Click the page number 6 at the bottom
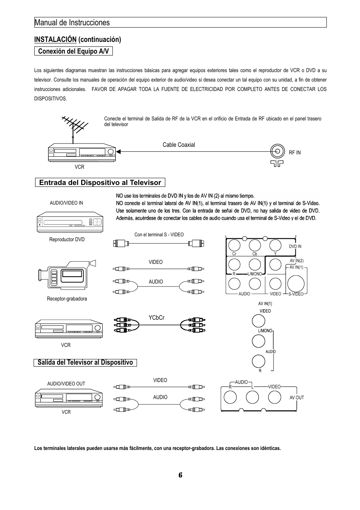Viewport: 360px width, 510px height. coord(180,475)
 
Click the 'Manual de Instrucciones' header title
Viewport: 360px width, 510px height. coord(72,23)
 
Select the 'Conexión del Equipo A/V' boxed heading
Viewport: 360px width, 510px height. coord(74,51)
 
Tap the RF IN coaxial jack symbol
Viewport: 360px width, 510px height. coord(277,151)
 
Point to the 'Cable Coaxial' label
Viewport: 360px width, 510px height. coord(179,145)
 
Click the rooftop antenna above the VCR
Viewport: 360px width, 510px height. coord(74,126)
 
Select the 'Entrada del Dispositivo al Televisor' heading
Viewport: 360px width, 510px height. coord(100,183)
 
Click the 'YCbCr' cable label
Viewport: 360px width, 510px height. coord(157,318)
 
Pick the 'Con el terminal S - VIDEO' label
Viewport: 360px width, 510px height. coord(159,235)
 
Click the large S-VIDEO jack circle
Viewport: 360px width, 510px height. coord(296,284)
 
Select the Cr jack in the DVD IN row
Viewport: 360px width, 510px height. coord(234,245)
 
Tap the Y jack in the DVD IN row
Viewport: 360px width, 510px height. coord(275,245)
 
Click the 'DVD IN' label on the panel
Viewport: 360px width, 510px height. coord(295,247)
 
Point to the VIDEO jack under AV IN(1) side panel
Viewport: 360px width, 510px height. coord(258,320)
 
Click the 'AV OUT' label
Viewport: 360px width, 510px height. coord(297,398)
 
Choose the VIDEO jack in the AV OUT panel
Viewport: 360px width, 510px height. coord(274,397)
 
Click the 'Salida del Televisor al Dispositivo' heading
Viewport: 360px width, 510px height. coord(85,363)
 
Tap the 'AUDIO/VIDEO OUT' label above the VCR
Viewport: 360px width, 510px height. coord(66,384)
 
